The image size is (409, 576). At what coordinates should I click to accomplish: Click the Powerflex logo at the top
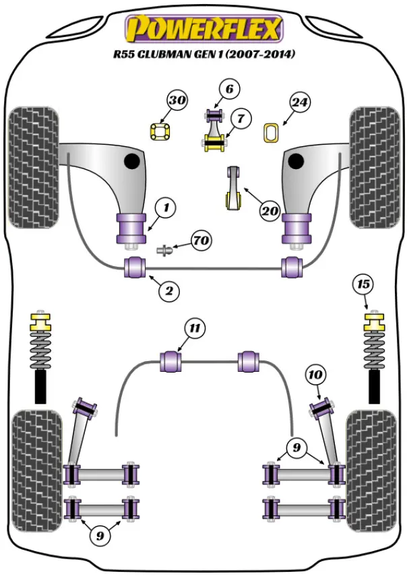204,29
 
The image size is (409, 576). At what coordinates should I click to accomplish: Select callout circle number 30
177,101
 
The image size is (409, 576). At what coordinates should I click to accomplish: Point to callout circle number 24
299,102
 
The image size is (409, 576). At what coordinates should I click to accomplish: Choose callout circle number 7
240,119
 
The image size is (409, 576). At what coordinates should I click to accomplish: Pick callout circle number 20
270,211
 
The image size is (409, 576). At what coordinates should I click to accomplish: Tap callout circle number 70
200,240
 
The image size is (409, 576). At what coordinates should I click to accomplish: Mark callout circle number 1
165,208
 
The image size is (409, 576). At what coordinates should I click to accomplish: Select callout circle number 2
169,291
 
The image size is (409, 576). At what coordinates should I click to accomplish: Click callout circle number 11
195,329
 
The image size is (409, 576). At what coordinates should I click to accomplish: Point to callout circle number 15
363,284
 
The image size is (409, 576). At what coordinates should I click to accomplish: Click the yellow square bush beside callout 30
160,131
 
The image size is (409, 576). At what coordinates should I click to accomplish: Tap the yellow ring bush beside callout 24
273,133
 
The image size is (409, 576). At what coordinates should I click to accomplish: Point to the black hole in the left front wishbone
132,162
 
